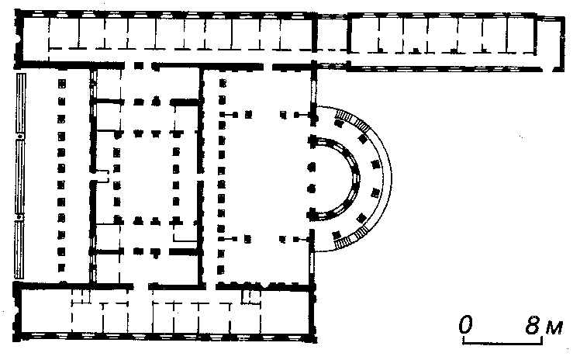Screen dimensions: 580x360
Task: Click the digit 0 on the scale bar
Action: (x=466, y=325)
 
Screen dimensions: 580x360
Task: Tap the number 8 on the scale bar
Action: (x=533, y=325)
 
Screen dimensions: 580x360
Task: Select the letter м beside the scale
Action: (x=554, y=328)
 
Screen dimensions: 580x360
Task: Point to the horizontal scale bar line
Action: (x=503, y=342)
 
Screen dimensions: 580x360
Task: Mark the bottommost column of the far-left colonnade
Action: (x=61, y=267)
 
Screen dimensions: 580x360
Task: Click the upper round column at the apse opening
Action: (x=312, y=168)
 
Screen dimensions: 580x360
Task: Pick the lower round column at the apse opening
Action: (x=312, y=189)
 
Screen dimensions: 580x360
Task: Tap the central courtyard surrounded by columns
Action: (x=146, y=178)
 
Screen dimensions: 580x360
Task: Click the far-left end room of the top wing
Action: (x=36, y=39)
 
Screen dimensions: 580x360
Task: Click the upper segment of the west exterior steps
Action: (x=20, y=103)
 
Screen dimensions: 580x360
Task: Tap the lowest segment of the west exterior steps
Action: (x=19, y=249)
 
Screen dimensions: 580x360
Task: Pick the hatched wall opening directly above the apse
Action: (x=314, y=91)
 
